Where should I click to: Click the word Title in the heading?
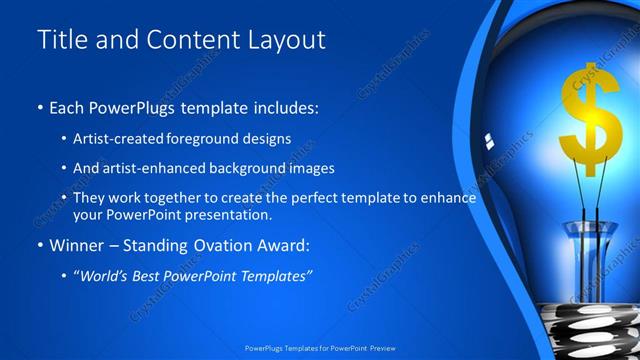(61, 39)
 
